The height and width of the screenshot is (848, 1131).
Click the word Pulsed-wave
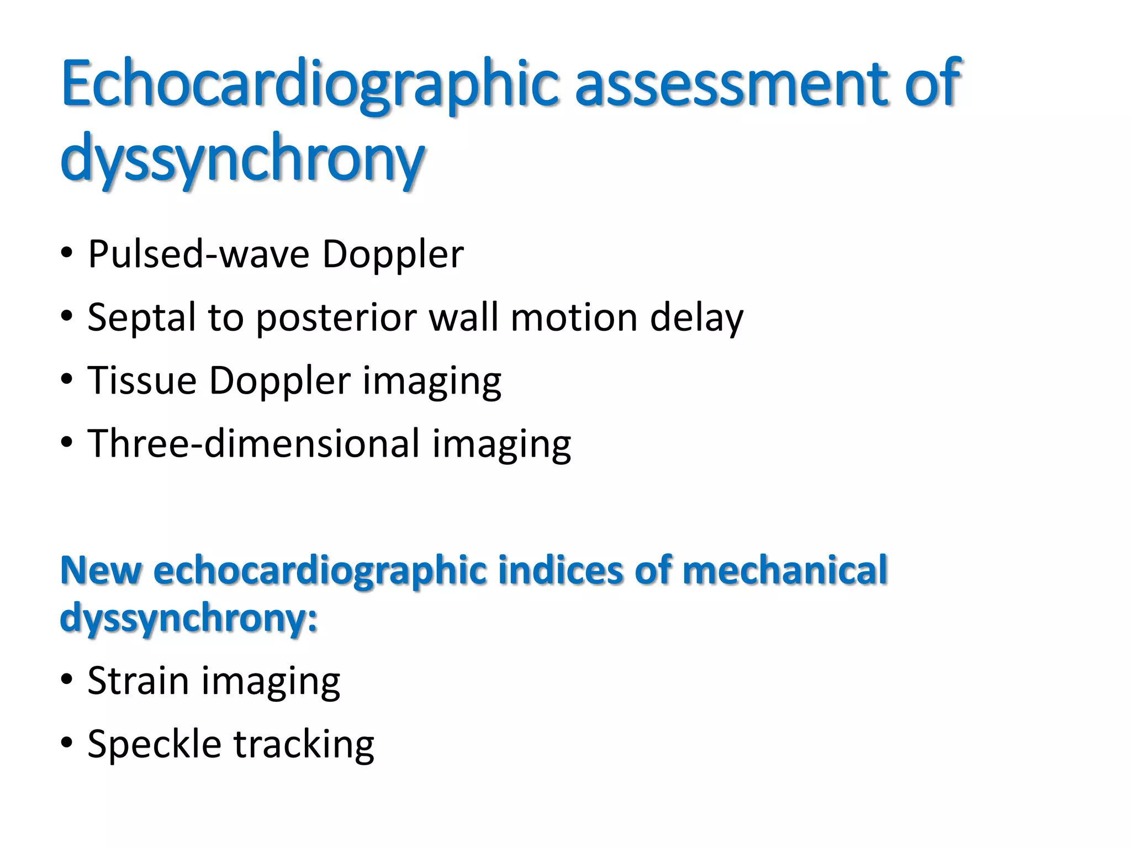198,255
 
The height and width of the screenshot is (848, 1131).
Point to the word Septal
141,318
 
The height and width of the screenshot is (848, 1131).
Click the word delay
696,318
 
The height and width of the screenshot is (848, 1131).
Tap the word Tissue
142,380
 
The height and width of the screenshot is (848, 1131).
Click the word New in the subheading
100,570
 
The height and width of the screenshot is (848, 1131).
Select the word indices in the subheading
560,570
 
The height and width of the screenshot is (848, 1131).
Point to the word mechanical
785,570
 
